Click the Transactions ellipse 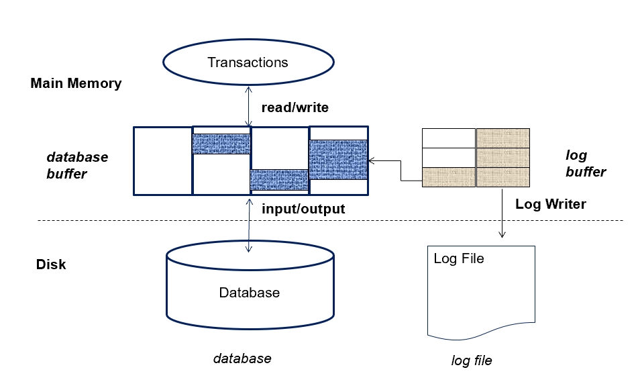coord(248,63)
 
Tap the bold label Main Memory coord(76,84)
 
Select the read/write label coord(295,107)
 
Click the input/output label coord(303,209)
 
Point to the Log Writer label coord(550,204)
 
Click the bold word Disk coord(51,264)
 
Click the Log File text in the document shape coord(459,258)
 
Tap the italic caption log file coord(471,360)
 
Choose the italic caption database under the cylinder coord(242,358)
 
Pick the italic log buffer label coord(585,164)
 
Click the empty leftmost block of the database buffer coord(163,160)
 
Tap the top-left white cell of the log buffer coord(448,138)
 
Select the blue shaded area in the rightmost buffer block coord(338,159)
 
